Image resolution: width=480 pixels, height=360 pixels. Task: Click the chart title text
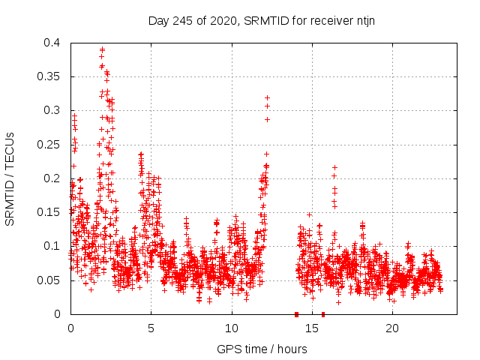point(262,20)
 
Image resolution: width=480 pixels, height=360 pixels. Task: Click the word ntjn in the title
point(364,20)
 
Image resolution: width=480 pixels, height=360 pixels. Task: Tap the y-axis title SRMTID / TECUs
point(10,178)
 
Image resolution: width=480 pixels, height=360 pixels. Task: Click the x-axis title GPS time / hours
point(261,349)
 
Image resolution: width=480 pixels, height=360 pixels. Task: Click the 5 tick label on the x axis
point(151,328)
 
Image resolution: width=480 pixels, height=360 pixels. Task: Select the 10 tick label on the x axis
point(231,328)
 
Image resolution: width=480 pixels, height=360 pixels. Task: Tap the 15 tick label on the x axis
point(312,328)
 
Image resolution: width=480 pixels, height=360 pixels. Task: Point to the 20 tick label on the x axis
point(392,328)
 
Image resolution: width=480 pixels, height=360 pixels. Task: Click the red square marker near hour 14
point(296,314)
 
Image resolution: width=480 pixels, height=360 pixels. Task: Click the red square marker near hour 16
point(323,314)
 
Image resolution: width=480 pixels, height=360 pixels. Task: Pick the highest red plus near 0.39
point(102,49)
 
